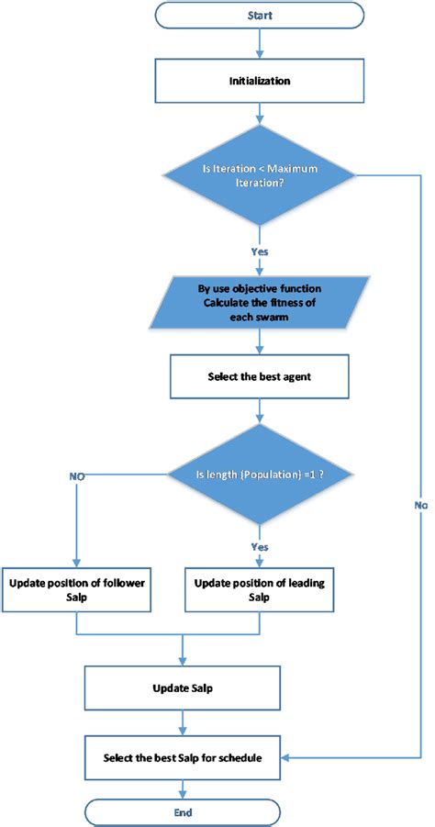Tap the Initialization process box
coord(259,81)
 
